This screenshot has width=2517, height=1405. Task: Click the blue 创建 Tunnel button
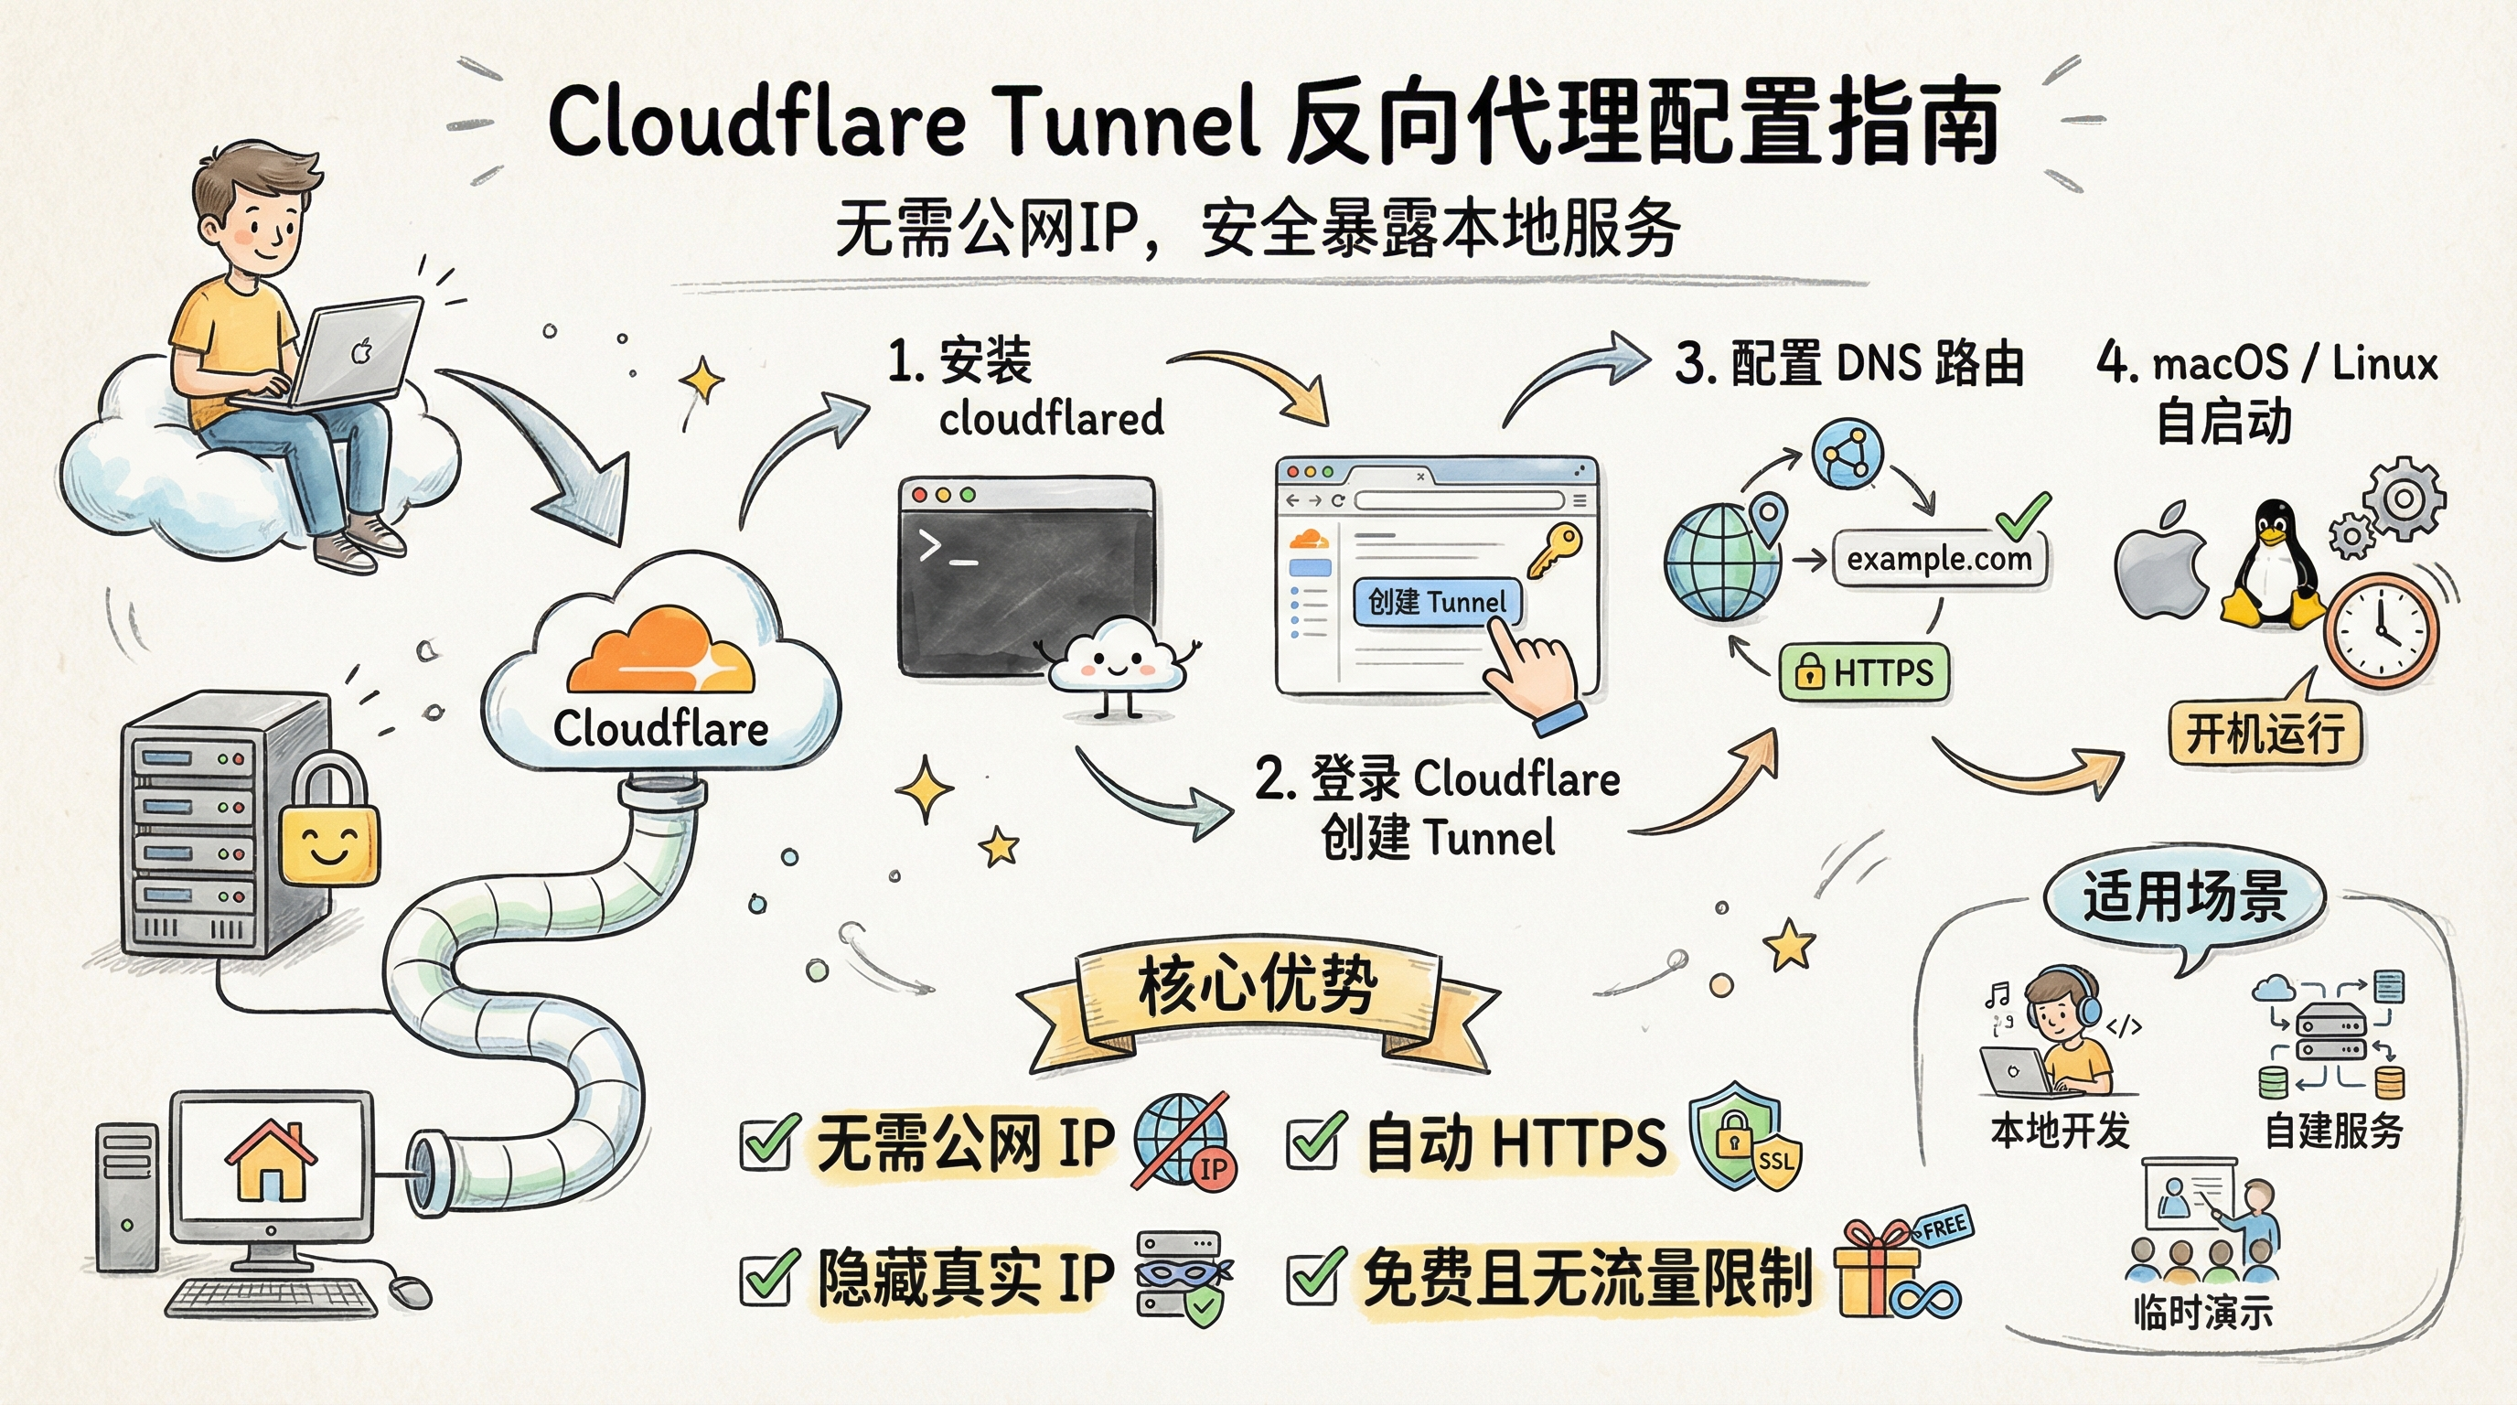tap(1436, 602)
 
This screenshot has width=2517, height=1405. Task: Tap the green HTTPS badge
tap(1864, 672)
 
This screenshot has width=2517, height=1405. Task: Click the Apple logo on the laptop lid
tap(362, 350)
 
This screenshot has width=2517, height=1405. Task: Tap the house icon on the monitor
tap(271, 1163)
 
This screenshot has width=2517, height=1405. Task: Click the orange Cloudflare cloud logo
tap(661, 653)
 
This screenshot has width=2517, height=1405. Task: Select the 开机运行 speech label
tap(2264, 731)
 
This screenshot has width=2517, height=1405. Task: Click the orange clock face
tap(2380, 630)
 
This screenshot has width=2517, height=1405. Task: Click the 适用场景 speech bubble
tap(2184, 897)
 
